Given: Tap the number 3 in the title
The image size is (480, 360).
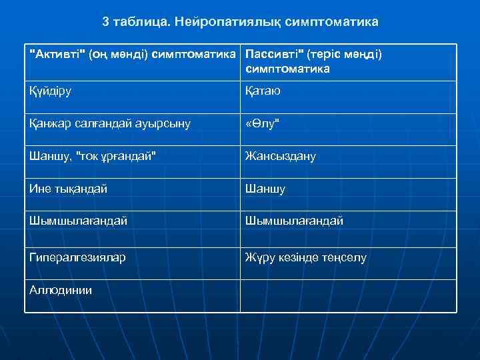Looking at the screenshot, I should pos(106,22).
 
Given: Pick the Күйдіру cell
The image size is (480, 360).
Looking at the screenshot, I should pos(50,91).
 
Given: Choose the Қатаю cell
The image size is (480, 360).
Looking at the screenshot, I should pos(263,91).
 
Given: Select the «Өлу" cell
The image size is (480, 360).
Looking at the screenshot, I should pos(261,123).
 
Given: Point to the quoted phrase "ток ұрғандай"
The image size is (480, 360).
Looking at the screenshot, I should pos(117,156).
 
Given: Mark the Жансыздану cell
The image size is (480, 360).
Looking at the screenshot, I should pos(280,156).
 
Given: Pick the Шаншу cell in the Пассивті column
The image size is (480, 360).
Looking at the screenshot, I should pos(265,189).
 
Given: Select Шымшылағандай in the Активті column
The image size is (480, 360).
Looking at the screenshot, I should pos(78,221).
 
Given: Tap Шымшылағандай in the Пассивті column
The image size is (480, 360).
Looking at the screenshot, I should pos(294,221).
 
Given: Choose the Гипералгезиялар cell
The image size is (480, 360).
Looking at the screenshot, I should pos(77,257).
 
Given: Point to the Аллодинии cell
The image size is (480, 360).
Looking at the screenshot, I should pos(61,289).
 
